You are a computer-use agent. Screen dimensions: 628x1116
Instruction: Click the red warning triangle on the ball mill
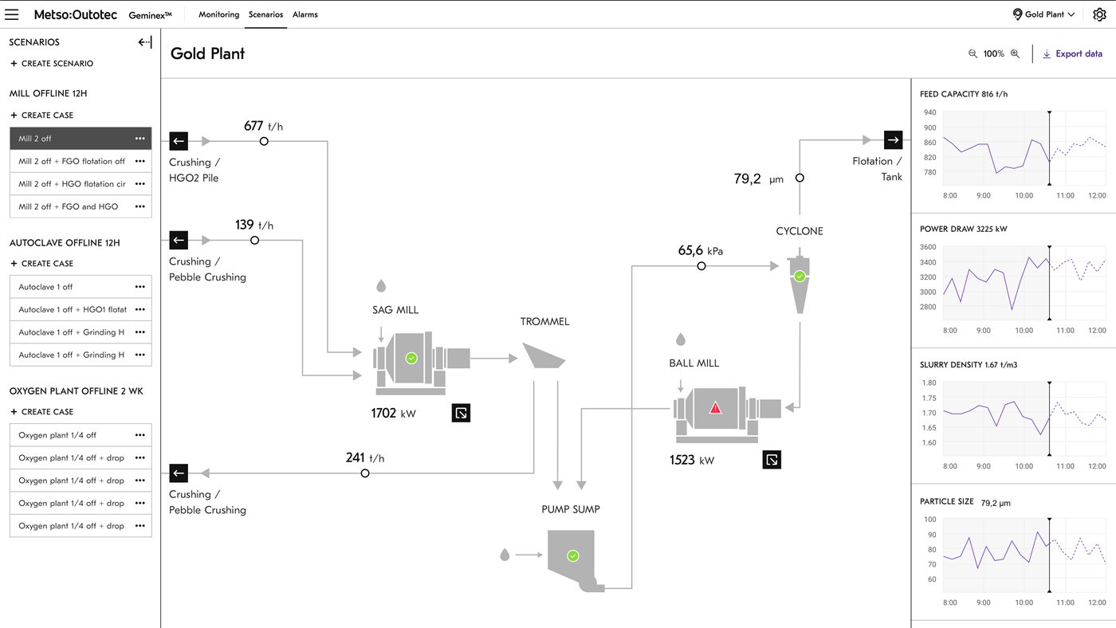coord(715,407)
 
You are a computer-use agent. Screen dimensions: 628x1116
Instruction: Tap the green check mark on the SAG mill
coord(411,359)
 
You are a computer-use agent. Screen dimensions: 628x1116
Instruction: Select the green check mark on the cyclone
coord(800,277)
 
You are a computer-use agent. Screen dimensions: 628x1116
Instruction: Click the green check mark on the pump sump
coord(572,555)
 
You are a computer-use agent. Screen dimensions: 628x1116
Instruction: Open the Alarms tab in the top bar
coord(305,14)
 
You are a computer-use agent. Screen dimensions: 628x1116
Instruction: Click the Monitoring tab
coord(218,14)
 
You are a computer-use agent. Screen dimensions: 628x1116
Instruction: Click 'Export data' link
coord(1072,54)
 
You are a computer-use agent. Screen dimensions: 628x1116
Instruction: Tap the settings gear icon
coord(1099,14)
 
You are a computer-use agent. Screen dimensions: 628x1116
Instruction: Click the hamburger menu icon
coord(12,14)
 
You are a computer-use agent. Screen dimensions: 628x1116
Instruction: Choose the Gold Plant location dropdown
coord(1043,14)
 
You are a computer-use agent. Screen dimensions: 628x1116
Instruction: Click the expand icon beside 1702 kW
coord(461,413)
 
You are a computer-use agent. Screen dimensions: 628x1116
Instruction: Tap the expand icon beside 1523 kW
coord(771,460)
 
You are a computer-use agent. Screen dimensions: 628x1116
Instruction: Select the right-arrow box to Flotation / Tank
coord(893,140)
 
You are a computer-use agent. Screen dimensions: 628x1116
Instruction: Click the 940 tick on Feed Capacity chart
coord(929,112)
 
